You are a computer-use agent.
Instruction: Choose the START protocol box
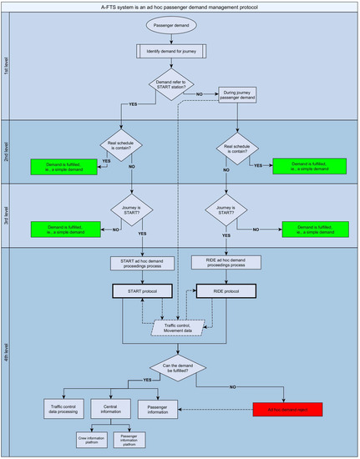141,291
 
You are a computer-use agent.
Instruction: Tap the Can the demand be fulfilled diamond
185,368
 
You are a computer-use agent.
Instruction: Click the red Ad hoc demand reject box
286,410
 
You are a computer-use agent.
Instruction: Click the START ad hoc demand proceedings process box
141,263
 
